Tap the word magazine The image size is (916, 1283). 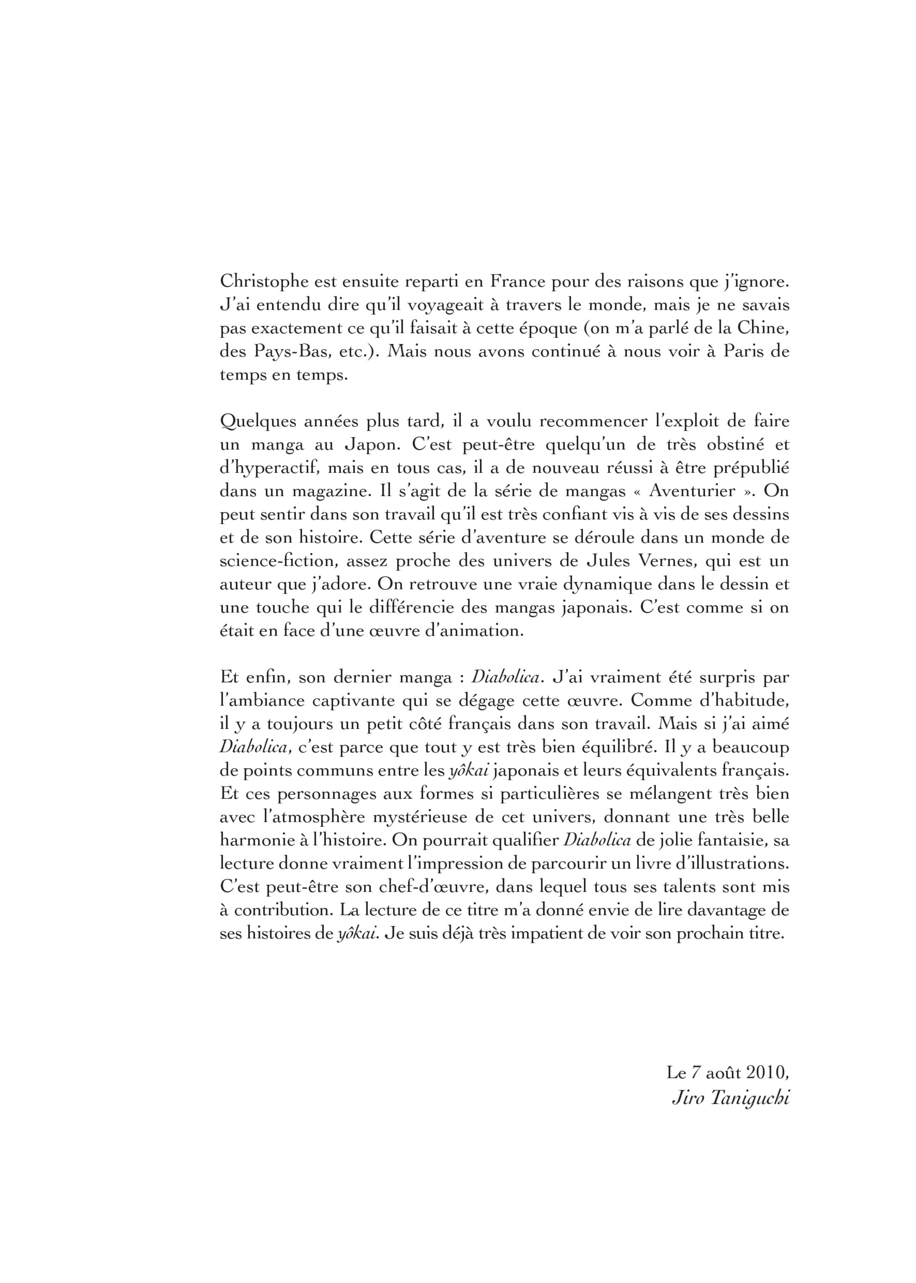pyautogui.click(x=329, y=491)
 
